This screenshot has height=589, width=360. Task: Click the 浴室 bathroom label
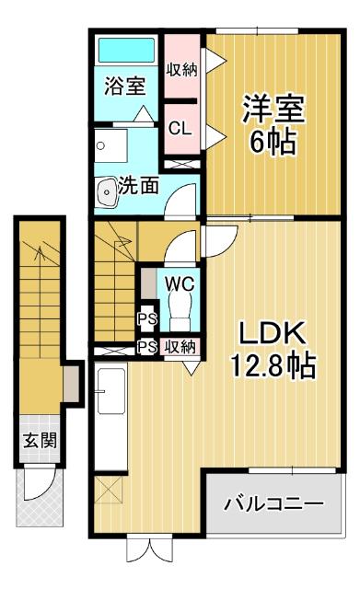coord(124,87)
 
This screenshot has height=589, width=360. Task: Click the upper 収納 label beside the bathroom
coord(181,69)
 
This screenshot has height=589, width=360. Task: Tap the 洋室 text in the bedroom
coord(273,109)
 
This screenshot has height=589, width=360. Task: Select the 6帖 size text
coord(273,143)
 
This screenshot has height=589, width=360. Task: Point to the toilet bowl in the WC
coord(178,313)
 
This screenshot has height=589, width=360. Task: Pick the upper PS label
coord(145,320)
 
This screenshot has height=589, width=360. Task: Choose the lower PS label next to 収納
coord(145,347)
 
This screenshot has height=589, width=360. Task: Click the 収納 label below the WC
coord(180,347)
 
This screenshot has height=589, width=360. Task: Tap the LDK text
coord(272,332)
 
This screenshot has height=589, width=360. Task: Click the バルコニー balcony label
coord(274,505)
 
